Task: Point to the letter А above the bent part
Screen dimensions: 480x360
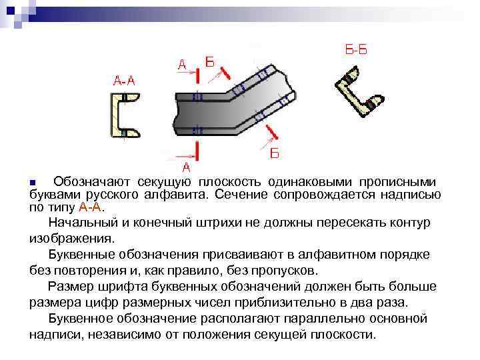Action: pyautogui.click(x=182, y=65)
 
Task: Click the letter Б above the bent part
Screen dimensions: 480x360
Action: pyautogui.click(x=209, y=63)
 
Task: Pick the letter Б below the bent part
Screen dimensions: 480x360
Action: pyautogui.click(x=275, y=154)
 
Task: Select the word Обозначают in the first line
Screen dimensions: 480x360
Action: pyautogui.click(x=93, y=182)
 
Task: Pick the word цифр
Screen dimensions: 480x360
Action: pyautogui.click(x=147, y=302)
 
